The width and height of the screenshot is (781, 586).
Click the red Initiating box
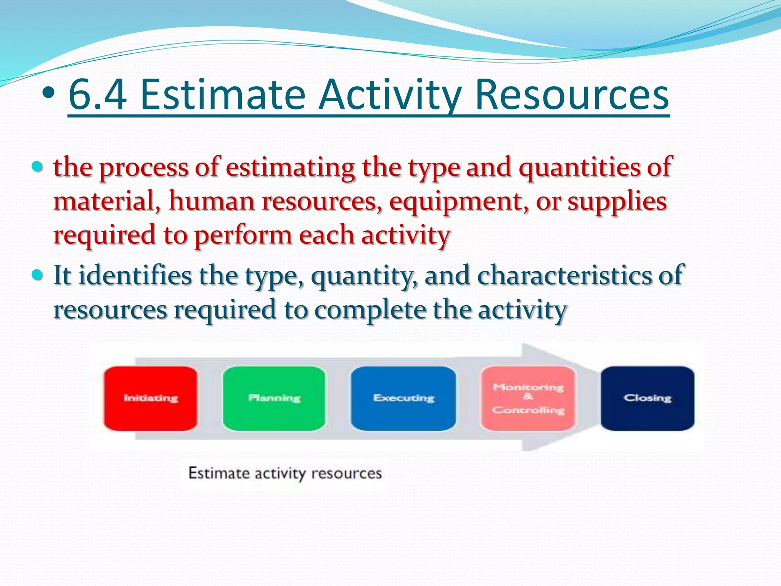click(151, 398)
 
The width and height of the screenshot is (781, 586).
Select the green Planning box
click(274, 398)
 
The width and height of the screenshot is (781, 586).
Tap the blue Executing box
click(403, 398)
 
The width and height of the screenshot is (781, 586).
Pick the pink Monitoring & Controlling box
click(528, 398)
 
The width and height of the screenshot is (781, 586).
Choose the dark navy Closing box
click(648, 398)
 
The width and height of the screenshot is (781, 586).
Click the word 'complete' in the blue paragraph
click(370, 309)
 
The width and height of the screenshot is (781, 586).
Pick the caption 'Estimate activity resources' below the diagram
click(285, 473)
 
